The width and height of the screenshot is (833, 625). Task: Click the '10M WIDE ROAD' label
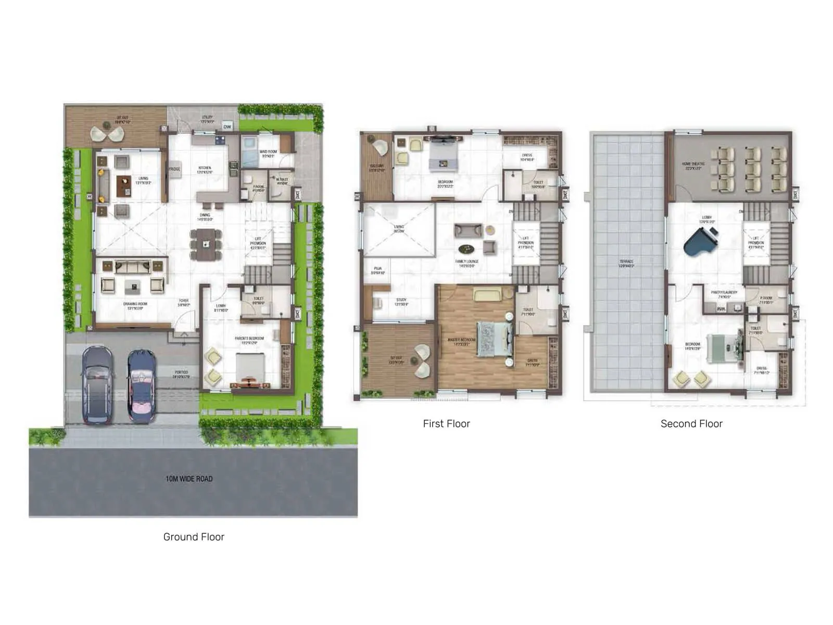pyautogui.click(x=189, y=479)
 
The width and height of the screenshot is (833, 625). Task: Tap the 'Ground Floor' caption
pyautogui.click(x=194, y=537)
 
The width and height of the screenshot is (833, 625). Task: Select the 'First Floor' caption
pyautogui.click(x=446, y=424)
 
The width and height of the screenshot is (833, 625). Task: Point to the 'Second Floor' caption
pyautogui.click(x=691, y=424)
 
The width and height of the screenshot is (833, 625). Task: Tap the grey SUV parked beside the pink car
pyautogui.click(x=97, y=384)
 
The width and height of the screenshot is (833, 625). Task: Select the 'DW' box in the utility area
pyautogui.click(x=227, y=127)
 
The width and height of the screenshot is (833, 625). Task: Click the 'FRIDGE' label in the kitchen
pyautogui.click(x=174, y=169)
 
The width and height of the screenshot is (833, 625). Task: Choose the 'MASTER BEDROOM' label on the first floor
pyautogui.click(x=461, y=342)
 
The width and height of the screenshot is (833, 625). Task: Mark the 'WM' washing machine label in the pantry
pyautogui.click(x=721, y=309)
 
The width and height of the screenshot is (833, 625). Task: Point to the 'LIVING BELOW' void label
pyautogui.click(x=399, y=229)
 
